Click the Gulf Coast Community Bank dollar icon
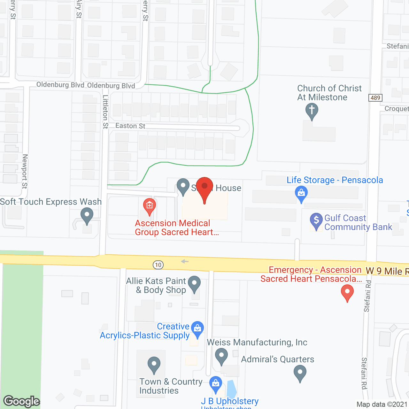[x=316, y=220]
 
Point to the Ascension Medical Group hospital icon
[x=149, y=205]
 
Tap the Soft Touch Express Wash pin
[x=87, y=215]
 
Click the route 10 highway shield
[x=158, y=265]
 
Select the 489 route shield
[x=375, y=97]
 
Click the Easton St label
[x=130, y=126]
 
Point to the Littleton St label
[x=105, y=112]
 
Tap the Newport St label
[x=25, y=171]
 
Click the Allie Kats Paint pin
[x=194, y=283]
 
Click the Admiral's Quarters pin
[x=300, y=373]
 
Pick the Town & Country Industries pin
[x=154, y=364]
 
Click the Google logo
[x=22, y=401]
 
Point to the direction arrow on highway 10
[x=185, y=261]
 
